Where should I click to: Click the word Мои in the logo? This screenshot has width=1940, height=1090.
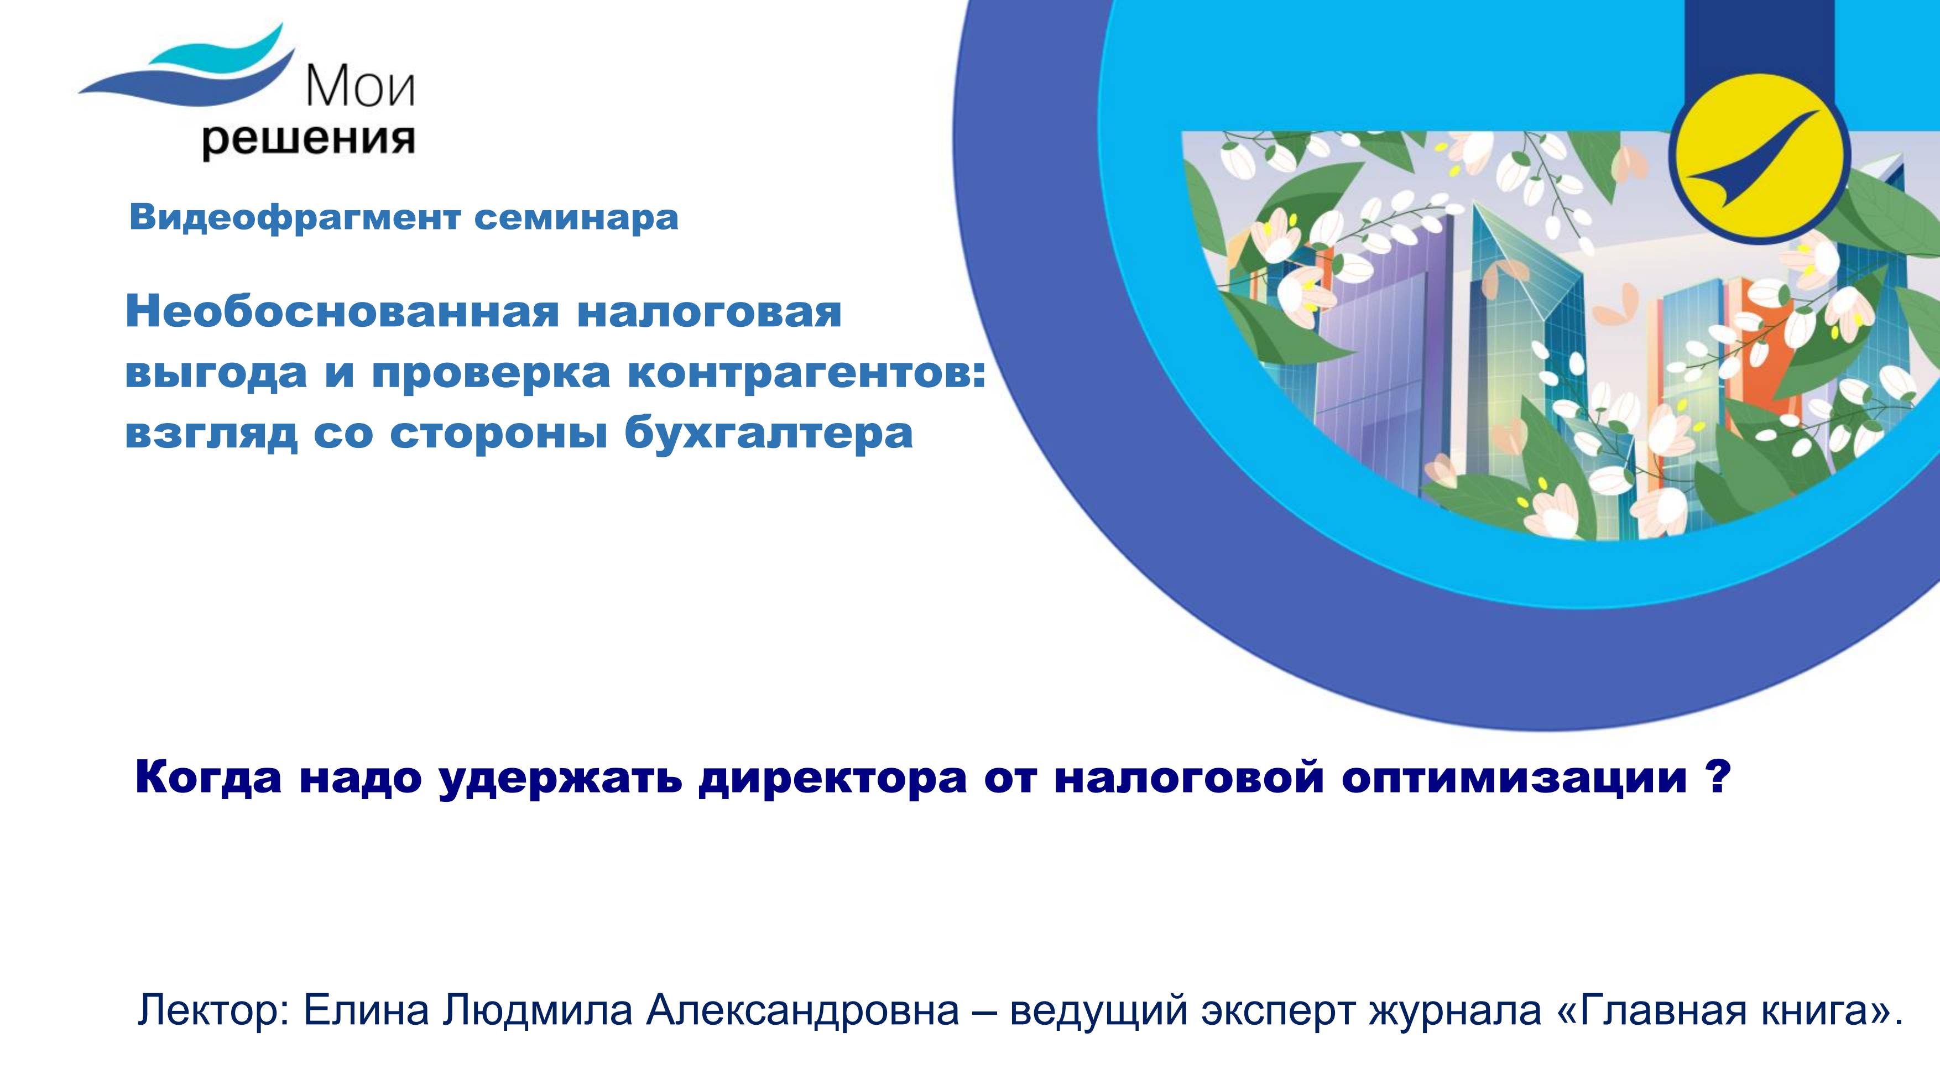click(x=360, y=87)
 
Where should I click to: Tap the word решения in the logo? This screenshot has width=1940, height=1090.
click(x=308, y=140)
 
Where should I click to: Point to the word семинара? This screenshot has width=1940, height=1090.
click(x=576, y=218)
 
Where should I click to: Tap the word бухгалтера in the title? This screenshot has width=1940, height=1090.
click(x=768, y=433)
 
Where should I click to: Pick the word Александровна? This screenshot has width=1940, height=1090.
click(x=802, y=1010)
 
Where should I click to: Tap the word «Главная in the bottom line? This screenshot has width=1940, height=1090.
click(x=1649, y=1010)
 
